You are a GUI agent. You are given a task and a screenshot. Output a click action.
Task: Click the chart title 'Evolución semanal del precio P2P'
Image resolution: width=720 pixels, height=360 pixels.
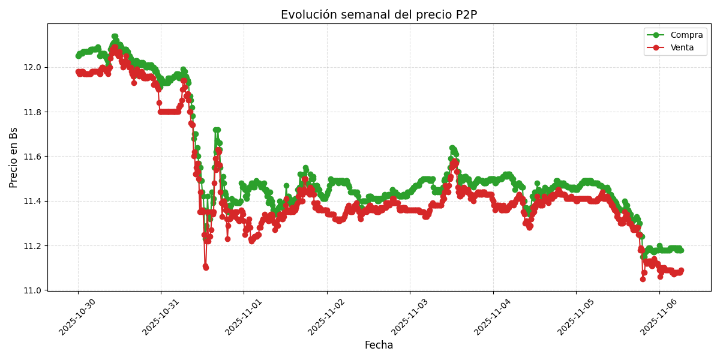point(379,15)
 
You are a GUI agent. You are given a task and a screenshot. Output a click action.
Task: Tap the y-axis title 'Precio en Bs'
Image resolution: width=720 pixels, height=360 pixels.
point(14,157)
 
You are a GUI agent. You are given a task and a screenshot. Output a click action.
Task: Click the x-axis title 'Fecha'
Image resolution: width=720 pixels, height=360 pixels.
point(379,346)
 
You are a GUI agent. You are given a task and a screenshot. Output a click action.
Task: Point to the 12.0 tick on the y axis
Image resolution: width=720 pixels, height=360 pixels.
point(32,67)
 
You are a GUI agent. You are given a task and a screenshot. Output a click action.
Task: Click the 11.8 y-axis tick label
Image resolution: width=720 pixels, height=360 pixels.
point(32,112)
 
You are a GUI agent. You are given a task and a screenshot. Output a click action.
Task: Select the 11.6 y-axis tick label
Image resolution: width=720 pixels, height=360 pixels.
point(32,157)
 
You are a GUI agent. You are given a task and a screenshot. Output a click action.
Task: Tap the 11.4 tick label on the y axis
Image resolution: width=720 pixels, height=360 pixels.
point(32,201)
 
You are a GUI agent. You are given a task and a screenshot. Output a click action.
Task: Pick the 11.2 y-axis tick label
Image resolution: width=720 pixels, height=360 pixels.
point(32,246)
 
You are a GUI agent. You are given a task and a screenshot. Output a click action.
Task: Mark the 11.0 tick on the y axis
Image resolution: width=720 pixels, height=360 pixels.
point(32,290)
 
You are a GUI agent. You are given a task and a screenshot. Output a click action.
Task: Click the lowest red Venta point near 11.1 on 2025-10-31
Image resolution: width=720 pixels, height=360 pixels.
point(206,267)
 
